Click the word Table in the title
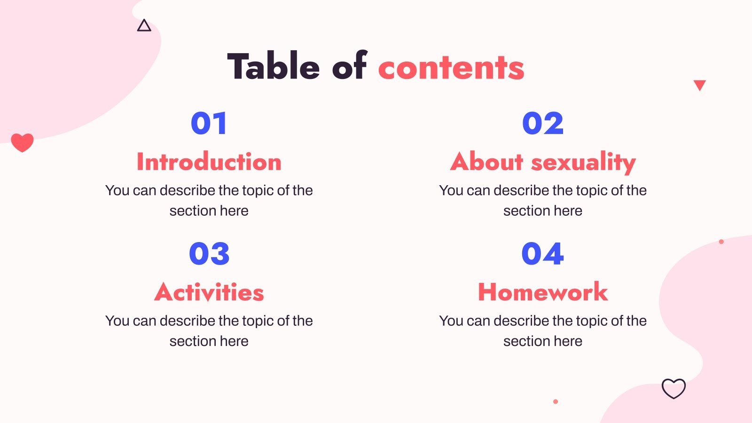point(274,66)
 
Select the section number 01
point(209,124)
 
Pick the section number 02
point(543,124)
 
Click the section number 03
point(209,254)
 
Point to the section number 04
point(543,254)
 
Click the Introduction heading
point(209,162)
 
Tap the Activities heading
point(209,292)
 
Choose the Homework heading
point(543,292)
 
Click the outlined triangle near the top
point(144,26)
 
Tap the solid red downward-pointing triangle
point(700,85)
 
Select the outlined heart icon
point(674,389)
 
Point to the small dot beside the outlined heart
point(556,402)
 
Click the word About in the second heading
point(487,162)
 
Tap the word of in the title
point(349,66)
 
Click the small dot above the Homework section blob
point(721,242)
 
